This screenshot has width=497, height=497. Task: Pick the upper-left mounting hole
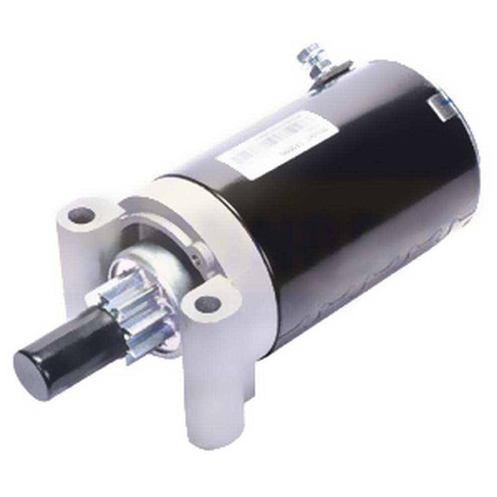[82, 215]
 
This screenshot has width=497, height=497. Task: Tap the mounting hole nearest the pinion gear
[207, 303]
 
